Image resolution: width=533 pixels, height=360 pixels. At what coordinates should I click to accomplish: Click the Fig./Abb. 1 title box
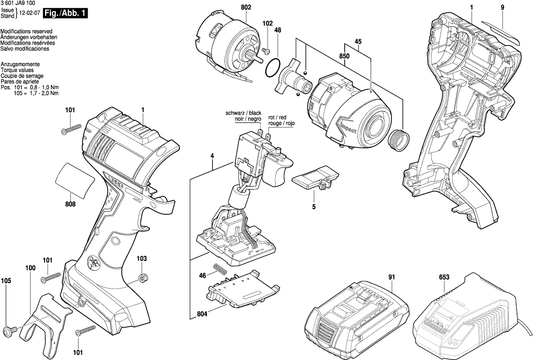tap(66, 14)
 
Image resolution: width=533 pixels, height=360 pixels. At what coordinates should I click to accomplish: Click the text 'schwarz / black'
tap(243, 113)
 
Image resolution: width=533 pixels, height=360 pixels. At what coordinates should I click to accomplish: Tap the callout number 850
tap(344, 56)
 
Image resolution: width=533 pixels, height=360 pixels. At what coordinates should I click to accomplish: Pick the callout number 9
tap(502, 8)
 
